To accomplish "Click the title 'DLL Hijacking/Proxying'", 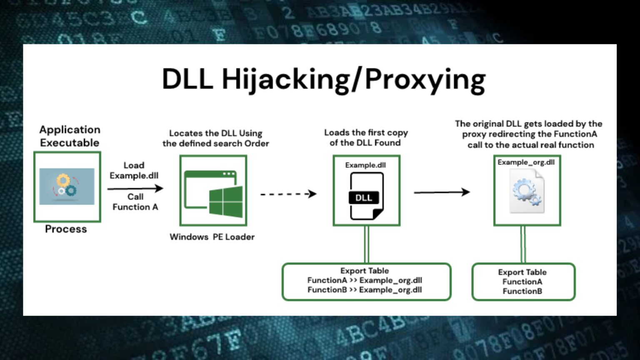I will (x=323, y=79).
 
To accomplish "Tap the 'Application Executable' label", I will (x=70, y=136).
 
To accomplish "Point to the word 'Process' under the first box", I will (x=66, y=229).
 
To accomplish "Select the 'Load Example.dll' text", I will (x=134, y=170).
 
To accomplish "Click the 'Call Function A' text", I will (x=135, y=202).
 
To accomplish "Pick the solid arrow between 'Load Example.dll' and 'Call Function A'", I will (x=135, y=188).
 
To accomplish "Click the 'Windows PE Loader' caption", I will (x=212, y=237).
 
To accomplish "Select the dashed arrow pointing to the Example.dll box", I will (x=288, y=194).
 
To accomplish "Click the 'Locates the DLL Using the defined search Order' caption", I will (x=215, y=138).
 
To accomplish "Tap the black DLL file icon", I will (x=365, y=196).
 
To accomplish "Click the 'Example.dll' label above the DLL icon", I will (x=365, y=165).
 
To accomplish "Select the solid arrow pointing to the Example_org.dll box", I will (x=442, y=192).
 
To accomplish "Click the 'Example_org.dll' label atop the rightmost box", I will (x=526, y=162).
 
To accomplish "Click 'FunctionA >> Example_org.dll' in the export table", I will (x=365, y=280).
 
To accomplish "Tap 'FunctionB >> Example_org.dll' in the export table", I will (x=365, y=290).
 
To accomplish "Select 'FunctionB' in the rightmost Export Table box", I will (x=522, y=291).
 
